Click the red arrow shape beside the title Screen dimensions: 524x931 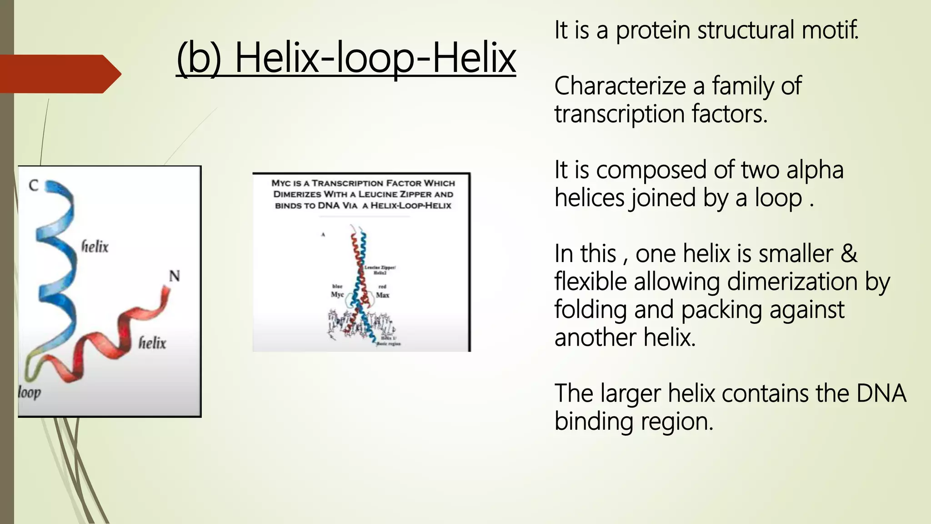pyautogui.click(x=59, y=74)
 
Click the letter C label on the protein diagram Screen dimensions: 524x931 pyautogui.click(x=34, y=186)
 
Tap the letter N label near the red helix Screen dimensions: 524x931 pyautogui.click(x=175, y=276)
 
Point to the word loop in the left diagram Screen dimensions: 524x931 pyautogui.click(x=30, y=392)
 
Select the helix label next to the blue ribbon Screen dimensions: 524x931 pyautogui.click(x=95, y=247)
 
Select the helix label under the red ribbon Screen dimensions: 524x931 pyautogui.click(x=152, y=343)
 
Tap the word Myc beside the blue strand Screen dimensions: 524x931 pyautogui.click(x=337, y=295)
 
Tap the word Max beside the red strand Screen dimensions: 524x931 pyautogui.click(x=382, y=295)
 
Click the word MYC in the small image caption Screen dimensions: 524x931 pyautogui.click(x=281, y=183)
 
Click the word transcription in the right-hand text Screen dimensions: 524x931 pyautogui.click(x=619, y=114)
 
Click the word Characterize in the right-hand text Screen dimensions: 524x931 pyautogui.click(x=621, y=86)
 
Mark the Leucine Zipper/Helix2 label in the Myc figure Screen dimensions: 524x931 pyautogui.click(x=380, y=270)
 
